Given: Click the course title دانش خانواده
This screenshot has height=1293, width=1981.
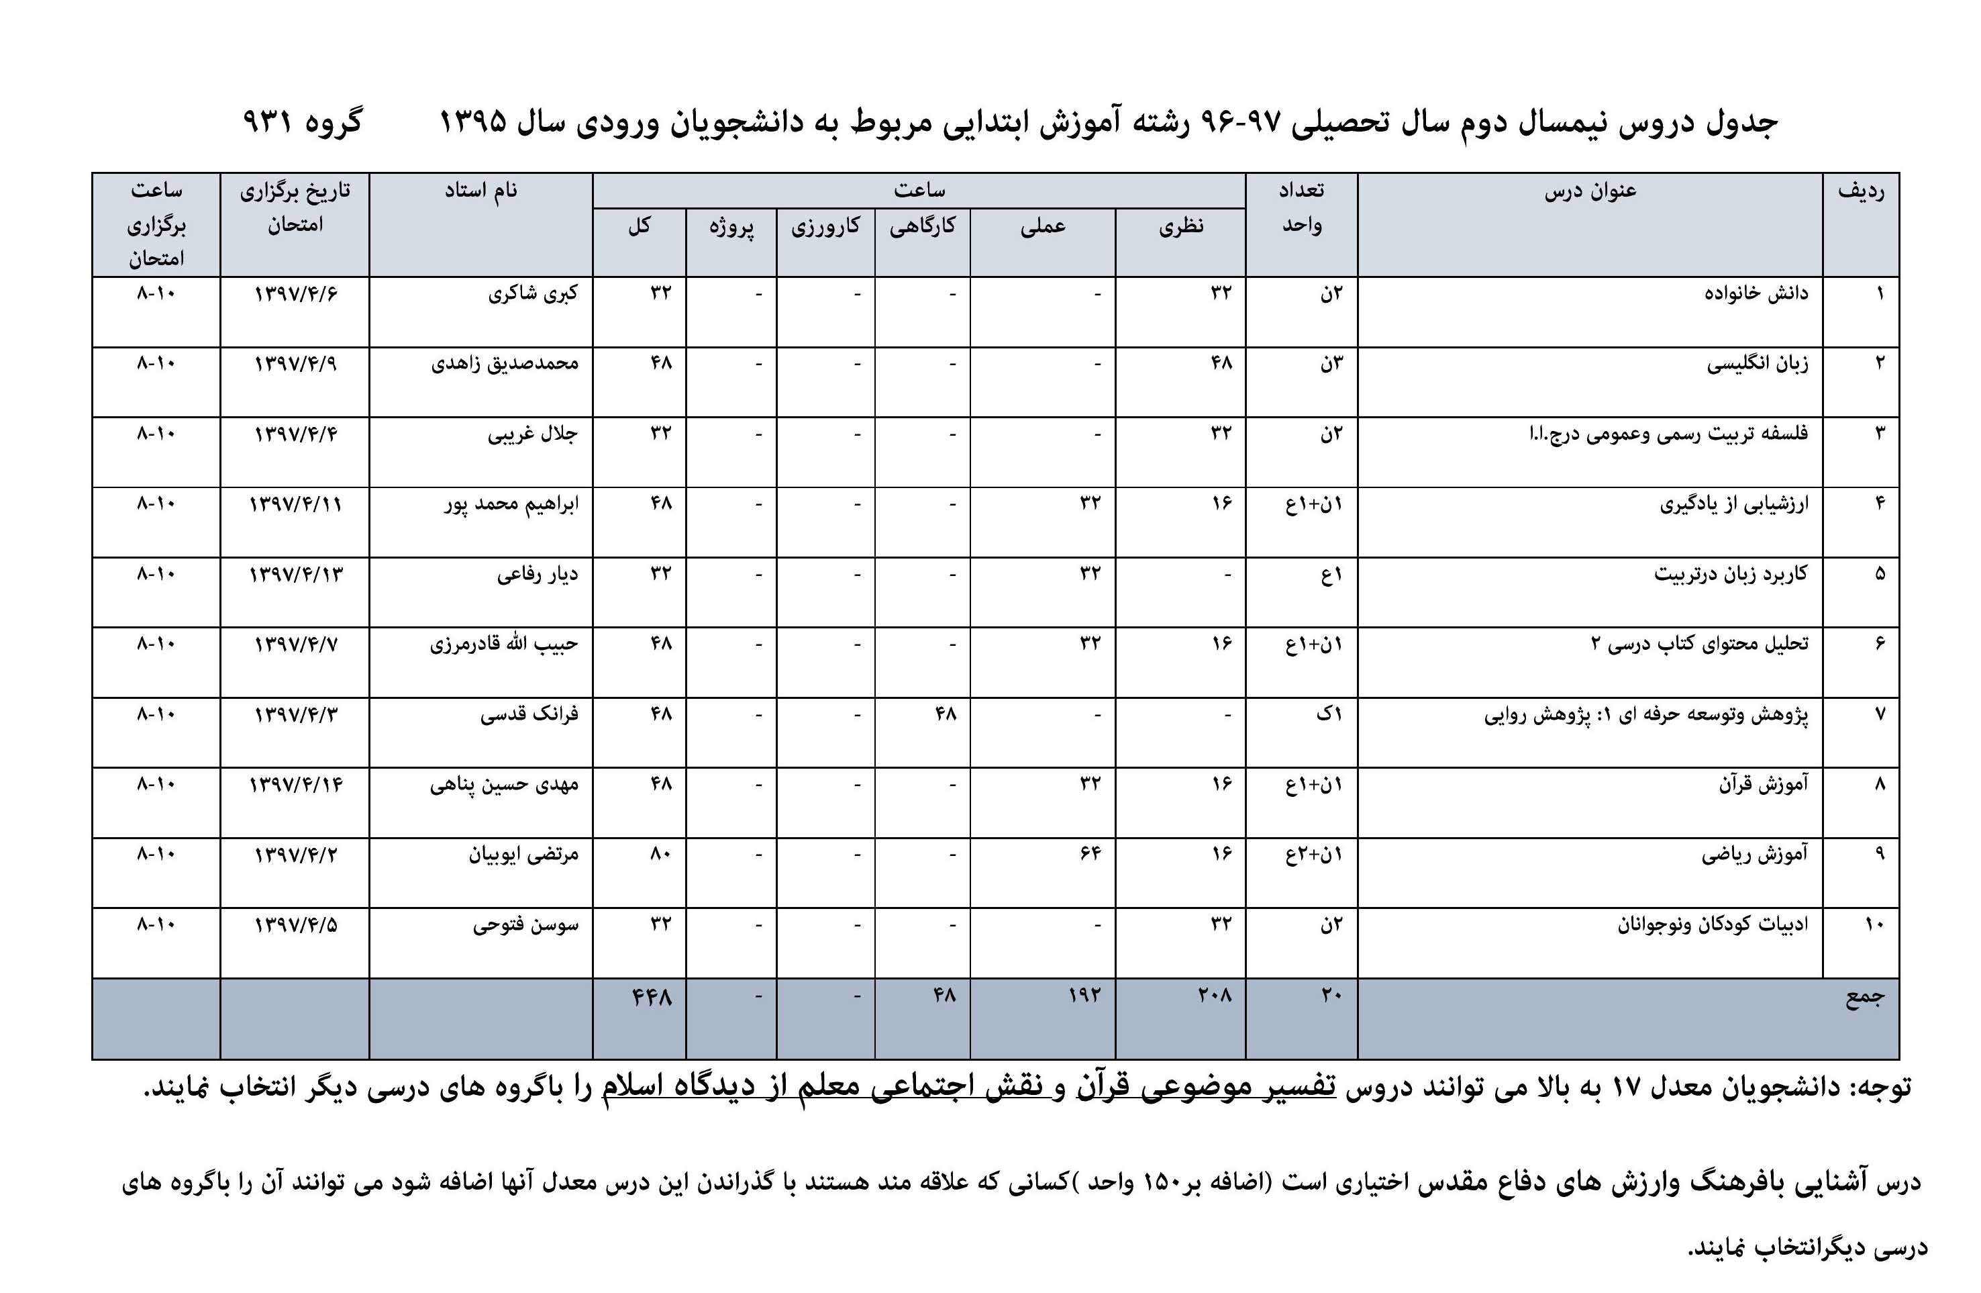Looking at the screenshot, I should click(1756, 293).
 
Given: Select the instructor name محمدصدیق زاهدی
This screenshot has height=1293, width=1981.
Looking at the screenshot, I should click(505, 364).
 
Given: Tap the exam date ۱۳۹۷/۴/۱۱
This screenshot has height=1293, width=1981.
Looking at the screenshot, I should click(295, 504).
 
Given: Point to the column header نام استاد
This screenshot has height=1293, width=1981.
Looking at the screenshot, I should click(480, 191).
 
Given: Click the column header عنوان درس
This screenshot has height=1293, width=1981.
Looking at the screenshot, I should click(1590, 191).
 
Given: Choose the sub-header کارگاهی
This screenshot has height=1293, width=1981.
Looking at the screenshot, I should click(922, 226).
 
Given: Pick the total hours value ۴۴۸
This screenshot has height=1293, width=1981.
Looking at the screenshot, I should click(652, 996).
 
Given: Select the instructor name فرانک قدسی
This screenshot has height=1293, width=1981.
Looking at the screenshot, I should click(529, 714).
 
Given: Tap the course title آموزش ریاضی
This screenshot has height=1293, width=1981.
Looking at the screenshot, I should click(1755, 854).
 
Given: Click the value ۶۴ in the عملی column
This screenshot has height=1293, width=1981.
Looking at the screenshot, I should click(1090, 854).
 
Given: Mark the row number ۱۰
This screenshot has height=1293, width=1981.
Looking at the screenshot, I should click(1874, 924).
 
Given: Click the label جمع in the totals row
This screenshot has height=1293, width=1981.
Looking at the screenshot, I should click(1864, 996).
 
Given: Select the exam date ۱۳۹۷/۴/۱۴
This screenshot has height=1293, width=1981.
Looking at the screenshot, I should click(295, 784).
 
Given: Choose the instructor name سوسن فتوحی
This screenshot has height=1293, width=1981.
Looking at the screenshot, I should click(525, 925).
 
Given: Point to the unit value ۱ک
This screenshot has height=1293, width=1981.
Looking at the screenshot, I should click(1329, 714).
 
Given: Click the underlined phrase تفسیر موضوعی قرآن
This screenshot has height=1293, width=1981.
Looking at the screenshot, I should click(1206, 1086).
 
